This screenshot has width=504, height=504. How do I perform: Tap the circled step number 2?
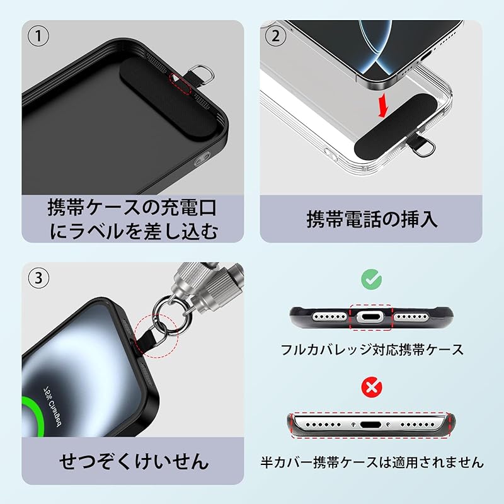pos(275,37)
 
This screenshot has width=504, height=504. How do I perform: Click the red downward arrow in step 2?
pos(380,106)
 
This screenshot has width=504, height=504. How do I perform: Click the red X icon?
pos(370,386)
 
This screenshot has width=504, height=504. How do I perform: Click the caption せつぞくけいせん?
pos(133,461)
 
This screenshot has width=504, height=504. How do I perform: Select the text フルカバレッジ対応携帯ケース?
pos(372,348)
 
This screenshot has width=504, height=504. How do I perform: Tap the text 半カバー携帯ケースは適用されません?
pos(372,462)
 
